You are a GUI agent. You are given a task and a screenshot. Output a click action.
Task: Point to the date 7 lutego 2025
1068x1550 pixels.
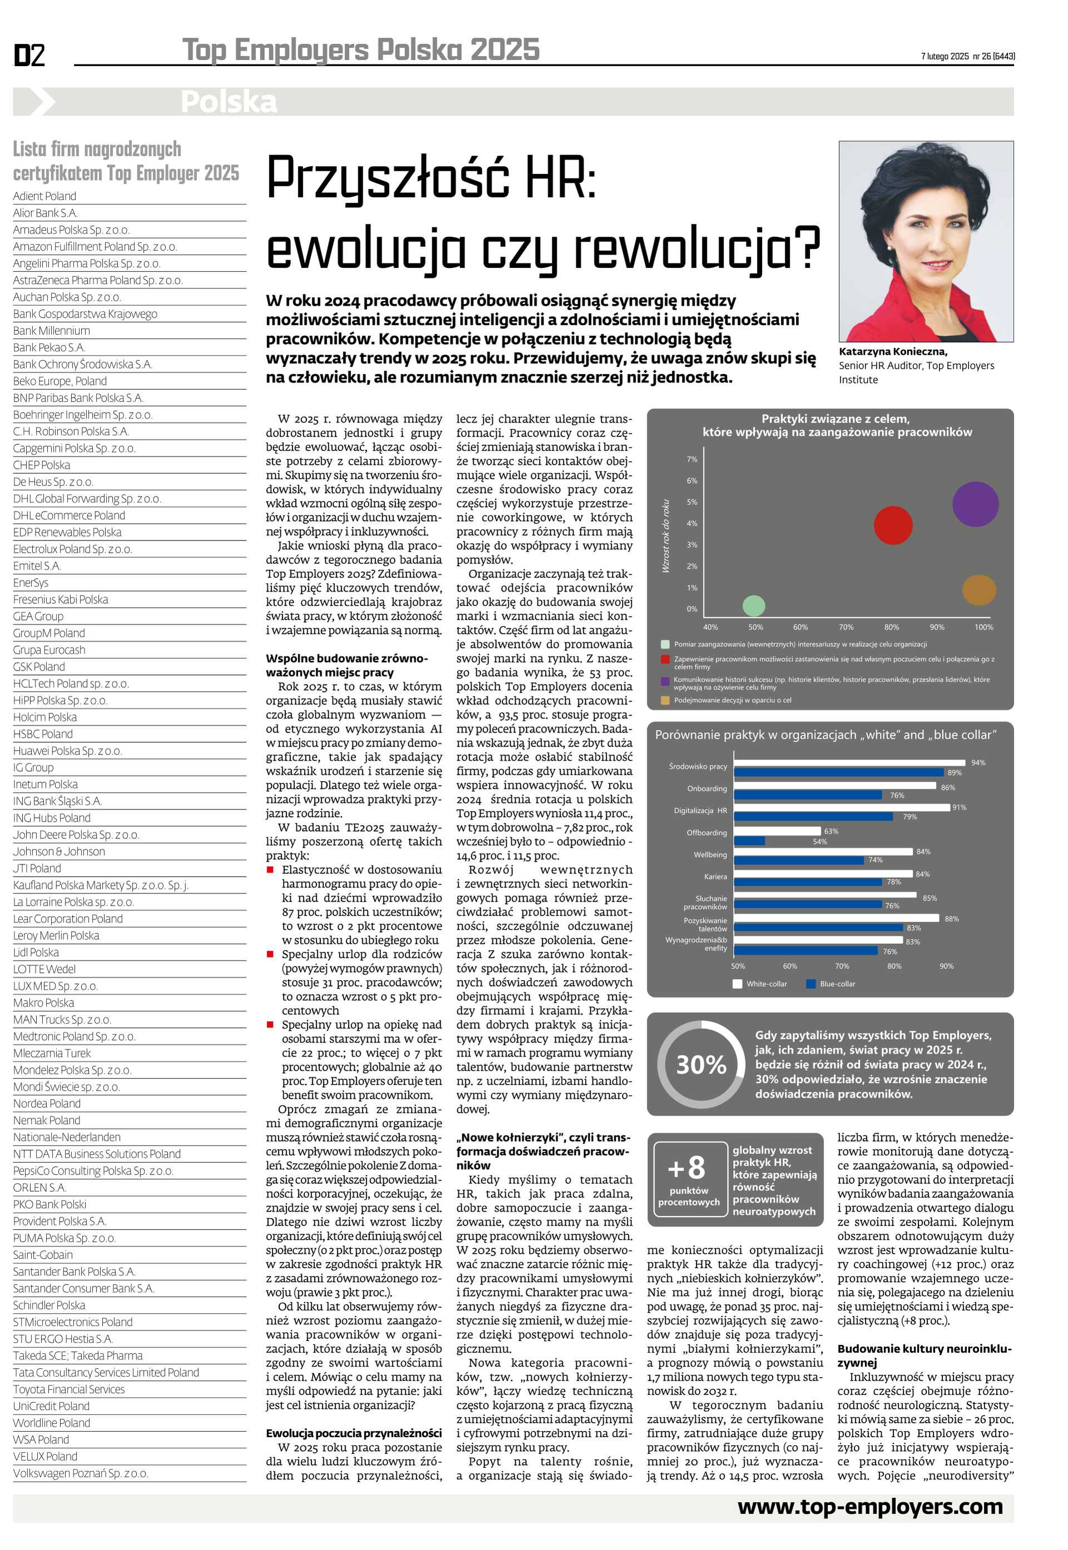(944, 56)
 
